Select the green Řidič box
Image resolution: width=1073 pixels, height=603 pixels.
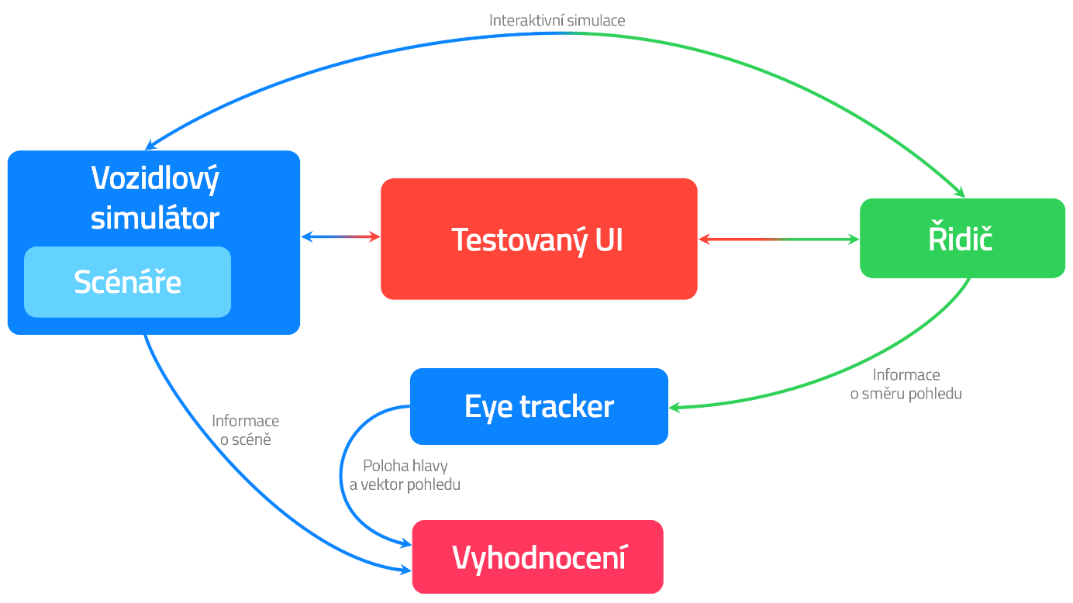962,239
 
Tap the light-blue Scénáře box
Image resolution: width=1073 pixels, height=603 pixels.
128,282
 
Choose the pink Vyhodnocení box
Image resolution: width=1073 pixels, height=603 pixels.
538,557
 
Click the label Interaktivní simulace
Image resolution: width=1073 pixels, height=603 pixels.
557,20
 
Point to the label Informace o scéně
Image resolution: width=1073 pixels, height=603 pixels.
245,430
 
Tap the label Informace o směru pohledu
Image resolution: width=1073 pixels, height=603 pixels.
906,384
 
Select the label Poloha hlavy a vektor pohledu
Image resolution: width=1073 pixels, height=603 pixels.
405,475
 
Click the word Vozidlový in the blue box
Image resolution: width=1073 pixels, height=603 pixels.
155,178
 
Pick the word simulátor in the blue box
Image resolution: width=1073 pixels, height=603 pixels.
155,218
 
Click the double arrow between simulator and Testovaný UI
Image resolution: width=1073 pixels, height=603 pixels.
340,236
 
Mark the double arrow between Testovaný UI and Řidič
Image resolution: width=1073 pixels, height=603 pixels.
778,239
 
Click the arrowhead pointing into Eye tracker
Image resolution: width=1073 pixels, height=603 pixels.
675,407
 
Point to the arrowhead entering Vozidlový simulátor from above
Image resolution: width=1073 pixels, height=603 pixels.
150,145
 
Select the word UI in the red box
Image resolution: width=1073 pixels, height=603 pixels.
607,239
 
